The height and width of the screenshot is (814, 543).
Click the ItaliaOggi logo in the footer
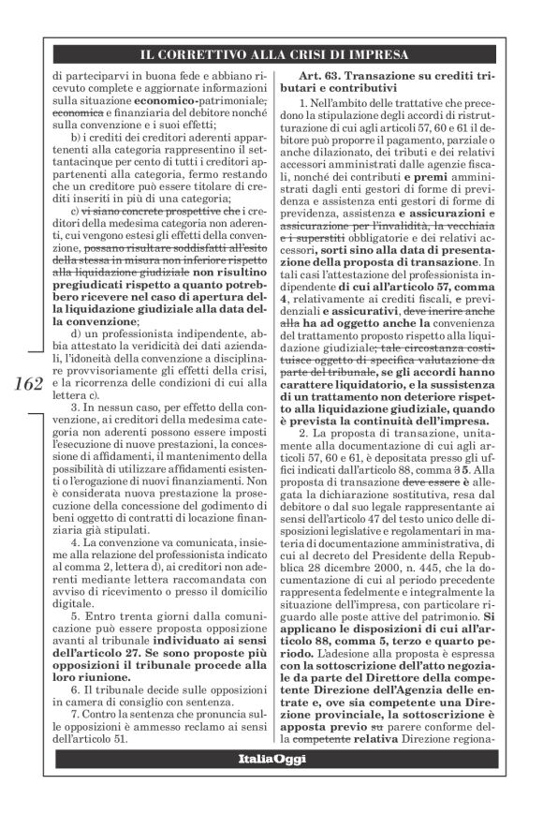(271, 756)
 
